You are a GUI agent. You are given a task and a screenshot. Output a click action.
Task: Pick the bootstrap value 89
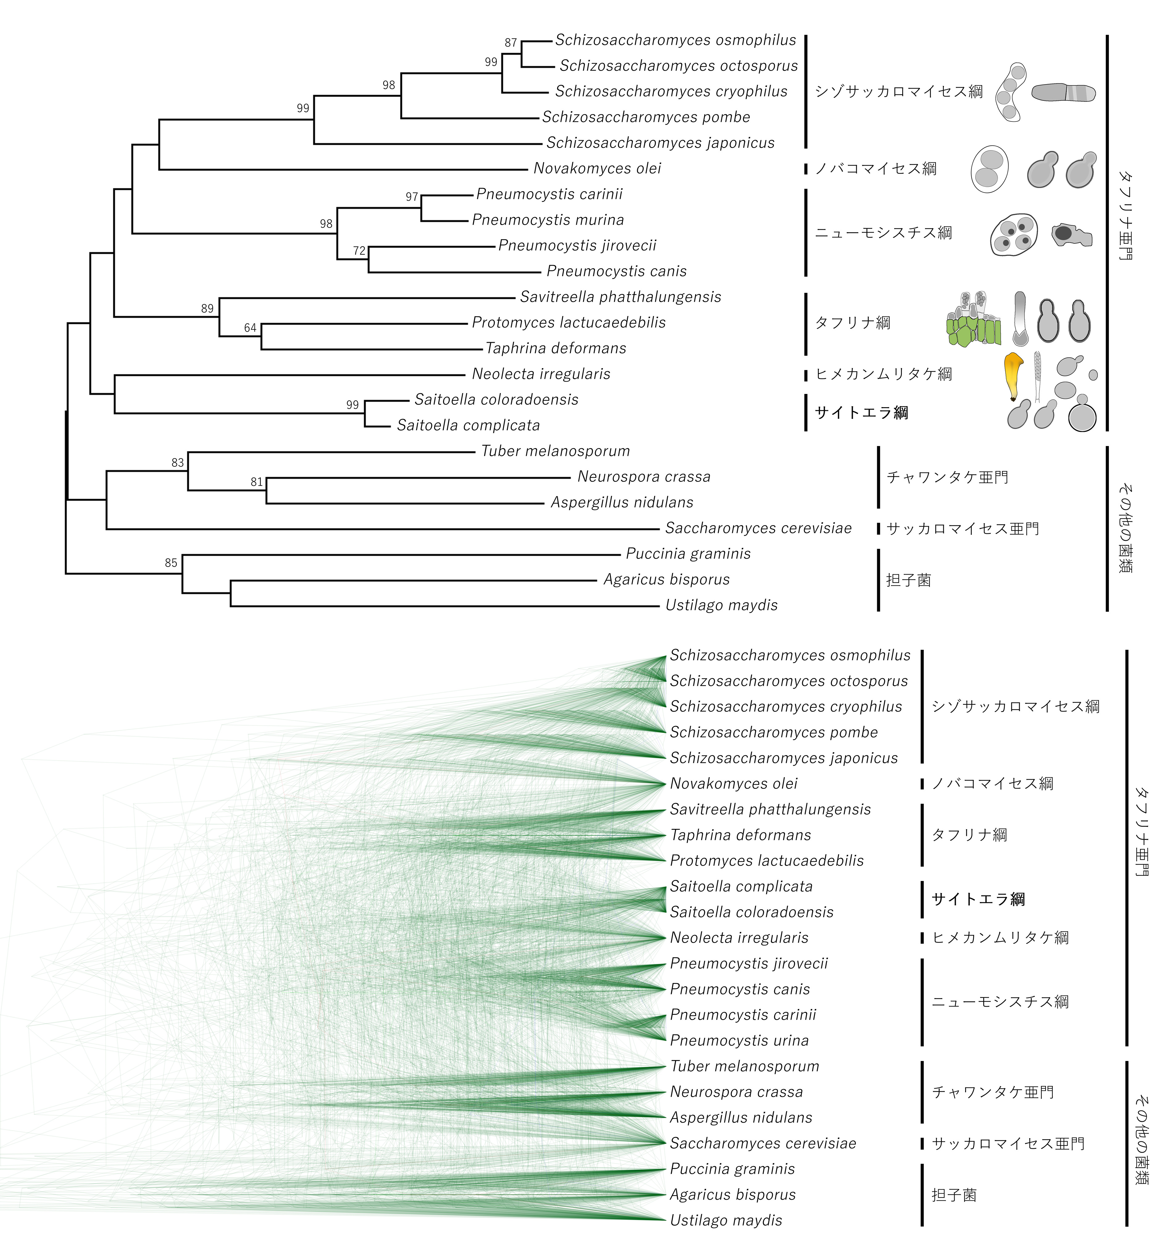click(x=207, y=308)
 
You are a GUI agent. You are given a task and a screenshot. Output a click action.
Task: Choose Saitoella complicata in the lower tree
click(x=741, y=886)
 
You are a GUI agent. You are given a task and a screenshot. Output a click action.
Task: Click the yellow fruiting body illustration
click(x=1013, y=376)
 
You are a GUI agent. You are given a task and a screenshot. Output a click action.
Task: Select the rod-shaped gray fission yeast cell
click(x=1063, y=93)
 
